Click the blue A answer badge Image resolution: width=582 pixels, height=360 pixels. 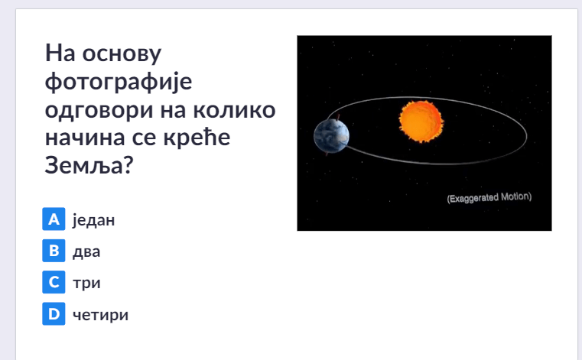(x=54, y=219)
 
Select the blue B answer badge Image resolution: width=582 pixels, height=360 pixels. (x=54, y=251)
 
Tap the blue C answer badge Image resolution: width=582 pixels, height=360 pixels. (x=54, y=282)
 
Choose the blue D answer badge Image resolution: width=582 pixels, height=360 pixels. (x=54, y=313)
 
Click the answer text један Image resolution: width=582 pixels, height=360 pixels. (x=93, y=220)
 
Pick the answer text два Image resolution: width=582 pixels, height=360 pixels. (x=86, y=251)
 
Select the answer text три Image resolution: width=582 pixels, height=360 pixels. (x=87, y=284)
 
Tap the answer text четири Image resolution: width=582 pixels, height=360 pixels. (x=101, y=315)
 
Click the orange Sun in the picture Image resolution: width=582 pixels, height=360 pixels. (x=421, y=122)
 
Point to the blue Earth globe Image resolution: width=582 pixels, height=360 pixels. (x=331, y=136)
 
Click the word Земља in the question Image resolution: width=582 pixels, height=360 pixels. (x=84, y=165)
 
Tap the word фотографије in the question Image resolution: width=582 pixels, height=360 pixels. (x=119, y=82)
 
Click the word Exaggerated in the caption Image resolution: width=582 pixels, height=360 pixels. (x=473, y=198)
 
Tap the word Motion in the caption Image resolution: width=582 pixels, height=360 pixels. (x=516, y=196)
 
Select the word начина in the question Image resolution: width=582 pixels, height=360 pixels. (x=86, y=138)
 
